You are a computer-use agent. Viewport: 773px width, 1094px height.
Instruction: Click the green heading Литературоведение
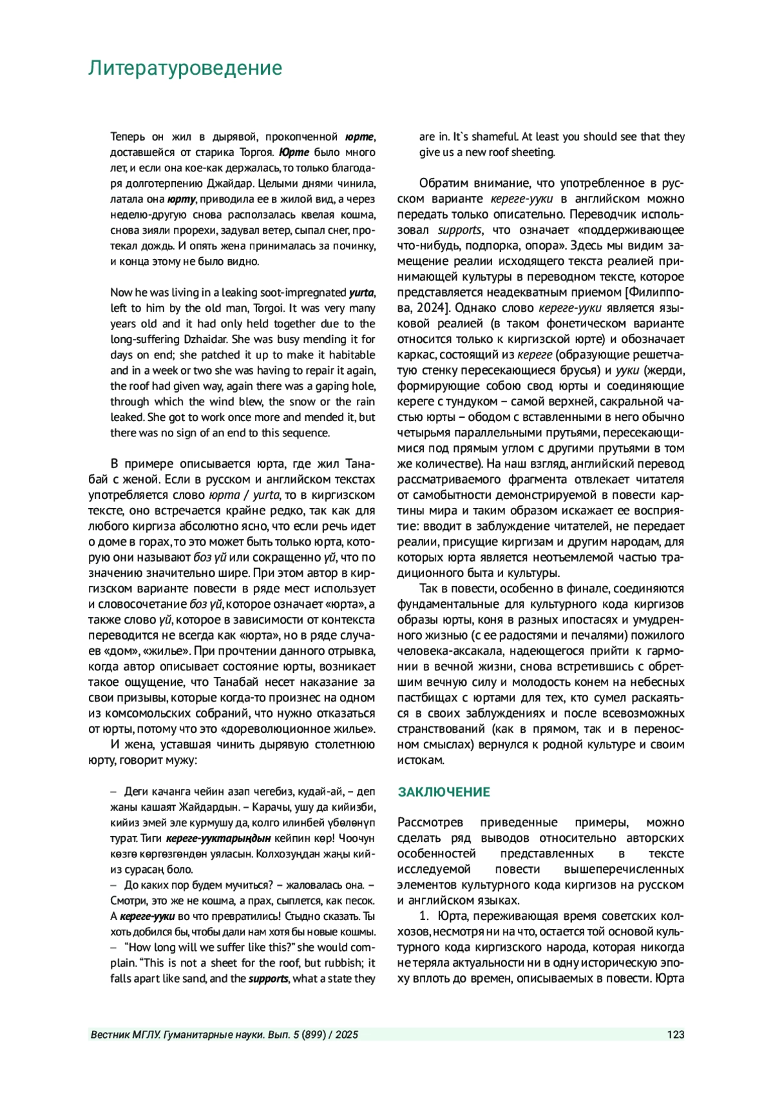[185, 68]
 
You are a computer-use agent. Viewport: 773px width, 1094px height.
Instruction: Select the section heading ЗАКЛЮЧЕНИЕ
[444, 792]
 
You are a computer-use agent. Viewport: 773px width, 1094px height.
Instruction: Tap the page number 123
[676, 1035]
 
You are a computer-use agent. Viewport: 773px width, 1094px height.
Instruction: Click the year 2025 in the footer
[347, 1035]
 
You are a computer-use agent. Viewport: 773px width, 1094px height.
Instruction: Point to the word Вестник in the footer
[110, 1035]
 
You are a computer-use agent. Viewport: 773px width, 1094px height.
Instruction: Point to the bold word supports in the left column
[268, 979]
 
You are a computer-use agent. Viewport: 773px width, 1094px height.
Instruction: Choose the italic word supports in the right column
[459, 230]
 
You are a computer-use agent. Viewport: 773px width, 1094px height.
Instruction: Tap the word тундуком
[475, 402]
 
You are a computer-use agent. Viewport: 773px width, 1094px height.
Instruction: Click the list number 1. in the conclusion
[425, 916]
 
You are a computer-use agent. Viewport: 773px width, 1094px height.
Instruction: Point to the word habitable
[352, 355]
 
